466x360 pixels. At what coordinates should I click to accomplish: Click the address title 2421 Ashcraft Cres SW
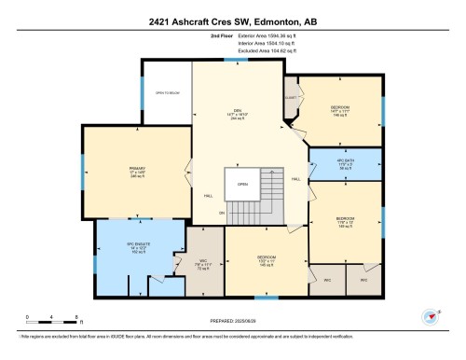[x=233, y=20]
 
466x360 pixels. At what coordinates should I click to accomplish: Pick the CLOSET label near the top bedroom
[x=291, y=97]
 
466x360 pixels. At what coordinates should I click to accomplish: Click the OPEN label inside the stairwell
[x=242, y=184]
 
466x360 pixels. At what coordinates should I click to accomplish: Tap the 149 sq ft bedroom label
[x=345, y=222]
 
